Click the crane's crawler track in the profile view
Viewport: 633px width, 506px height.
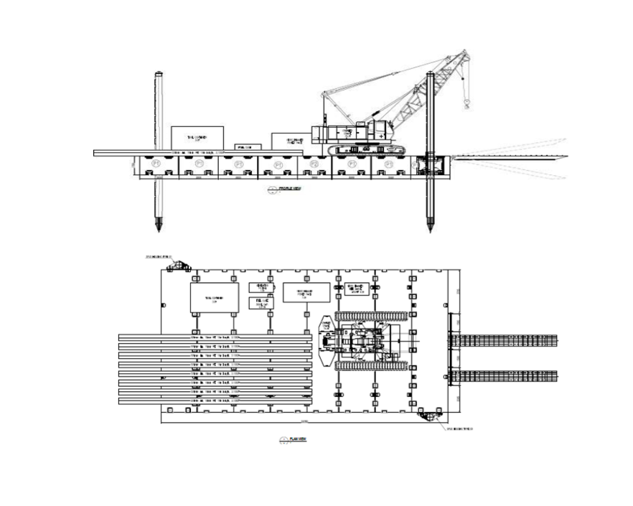point(365,149)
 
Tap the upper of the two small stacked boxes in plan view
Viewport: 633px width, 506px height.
point(263,287)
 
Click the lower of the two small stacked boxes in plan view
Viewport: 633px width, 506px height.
point(263,303)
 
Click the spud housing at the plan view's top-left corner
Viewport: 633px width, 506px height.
point(175,266)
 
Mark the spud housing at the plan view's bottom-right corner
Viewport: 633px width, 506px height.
point(432,415)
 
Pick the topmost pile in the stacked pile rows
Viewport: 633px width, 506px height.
point(215,336)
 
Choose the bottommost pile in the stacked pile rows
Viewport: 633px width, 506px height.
point(215,401)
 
